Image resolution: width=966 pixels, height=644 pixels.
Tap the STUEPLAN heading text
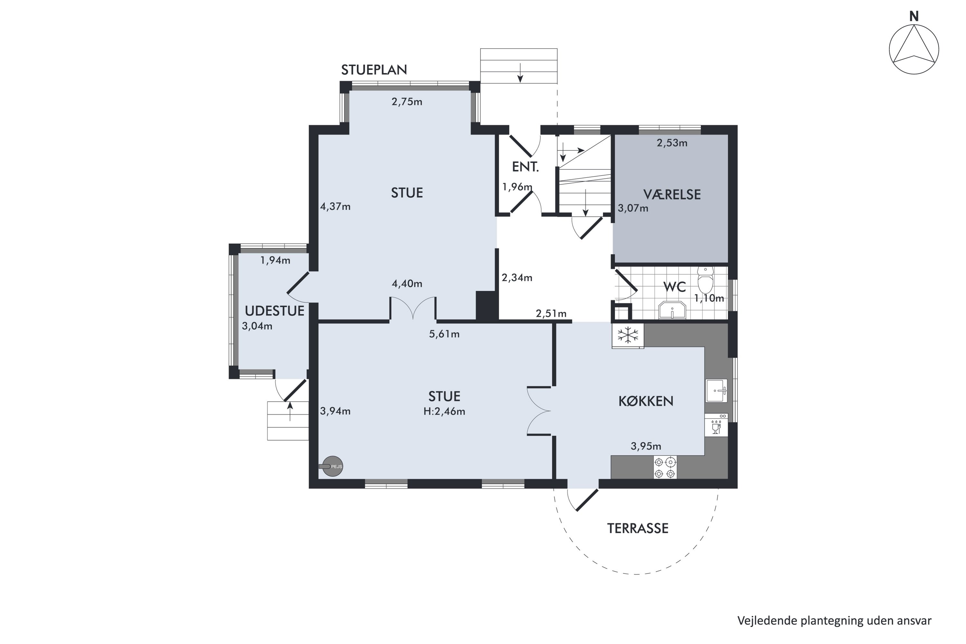click(x=374, y=70)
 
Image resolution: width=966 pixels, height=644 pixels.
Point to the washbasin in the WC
click(x=672, y=310)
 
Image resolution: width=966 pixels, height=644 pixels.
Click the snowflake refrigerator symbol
click(x=628, y=336)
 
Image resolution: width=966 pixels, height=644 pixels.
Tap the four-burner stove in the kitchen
click(x=665, y=468)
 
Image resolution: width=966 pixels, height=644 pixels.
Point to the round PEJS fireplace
click(x=332, y=467)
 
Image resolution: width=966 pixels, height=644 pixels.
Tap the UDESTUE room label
click(x=275, y=311)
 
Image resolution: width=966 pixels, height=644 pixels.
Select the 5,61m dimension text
click(x=444, y=334)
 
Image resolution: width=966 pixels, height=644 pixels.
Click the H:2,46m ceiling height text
click(x=444, y=412)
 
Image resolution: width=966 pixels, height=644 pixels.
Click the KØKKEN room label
click(x=646, y=401)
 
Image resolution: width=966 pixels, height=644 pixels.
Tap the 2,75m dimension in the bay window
click(x=407, y=102)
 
